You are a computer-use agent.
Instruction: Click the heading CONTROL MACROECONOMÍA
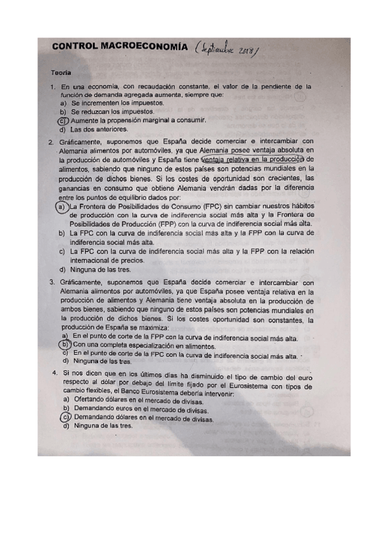click(x=120, y=47)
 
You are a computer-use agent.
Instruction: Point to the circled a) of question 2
click(x=61, y=206)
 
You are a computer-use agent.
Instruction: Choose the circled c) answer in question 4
click(x=64, y=417)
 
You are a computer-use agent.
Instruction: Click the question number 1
click(x=53, y=87)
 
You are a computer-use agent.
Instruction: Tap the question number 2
click(x=52, y=142)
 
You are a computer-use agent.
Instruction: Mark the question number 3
click(x=52, y=282)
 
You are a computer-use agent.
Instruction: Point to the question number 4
click(x=55, y=375)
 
